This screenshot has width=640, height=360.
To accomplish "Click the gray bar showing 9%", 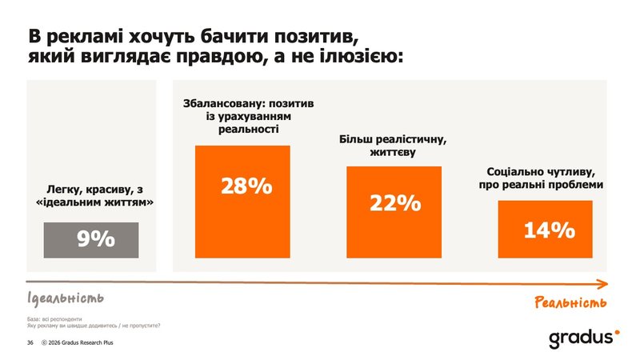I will [x=90, y=238].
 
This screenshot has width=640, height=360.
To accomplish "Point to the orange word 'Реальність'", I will [x=570, y=302].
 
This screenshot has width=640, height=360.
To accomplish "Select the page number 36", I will [x=30, y=343].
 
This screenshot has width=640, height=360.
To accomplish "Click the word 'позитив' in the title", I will [x=313, y=37].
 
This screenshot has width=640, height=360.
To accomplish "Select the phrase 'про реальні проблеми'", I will [x=545, y=186].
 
